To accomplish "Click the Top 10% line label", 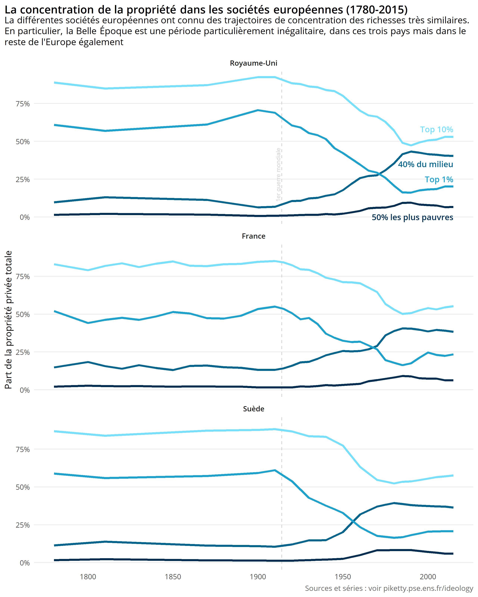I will (x=436, y=129).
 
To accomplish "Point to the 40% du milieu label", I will (x=425, y=164).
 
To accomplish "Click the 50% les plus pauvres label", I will (x=412, y=217).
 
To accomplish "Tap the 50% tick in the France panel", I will (x=23, y=314).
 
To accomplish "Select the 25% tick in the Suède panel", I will (x=23, y=525).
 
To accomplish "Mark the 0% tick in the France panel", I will (x=25, y=390).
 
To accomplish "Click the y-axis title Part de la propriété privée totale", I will (x=8, y=320).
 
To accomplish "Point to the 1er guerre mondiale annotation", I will (x=278, y=174).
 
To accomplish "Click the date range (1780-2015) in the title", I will (x=377, y=10).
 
